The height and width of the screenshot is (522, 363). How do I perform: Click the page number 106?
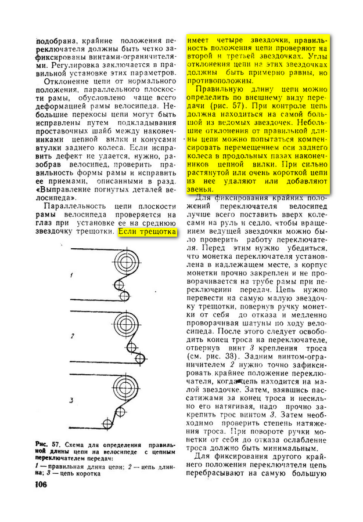41,484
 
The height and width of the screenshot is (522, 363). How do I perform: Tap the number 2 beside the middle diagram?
72,336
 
